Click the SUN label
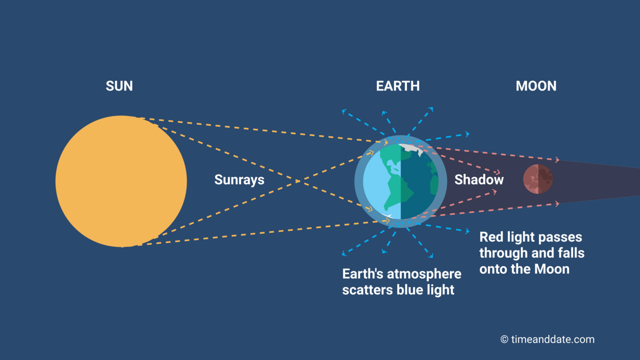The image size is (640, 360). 119,86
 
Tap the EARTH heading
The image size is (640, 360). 397,86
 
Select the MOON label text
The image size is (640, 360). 536,86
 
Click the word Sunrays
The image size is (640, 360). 239,179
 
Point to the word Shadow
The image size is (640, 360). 478,179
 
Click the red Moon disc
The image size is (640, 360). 538,179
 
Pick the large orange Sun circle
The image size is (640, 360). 121,181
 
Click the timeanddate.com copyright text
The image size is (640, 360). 552,339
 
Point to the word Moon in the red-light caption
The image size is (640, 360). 552,269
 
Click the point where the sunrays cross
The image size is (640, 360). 298,181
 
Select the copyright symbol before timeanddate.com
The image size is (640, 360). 504,339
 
